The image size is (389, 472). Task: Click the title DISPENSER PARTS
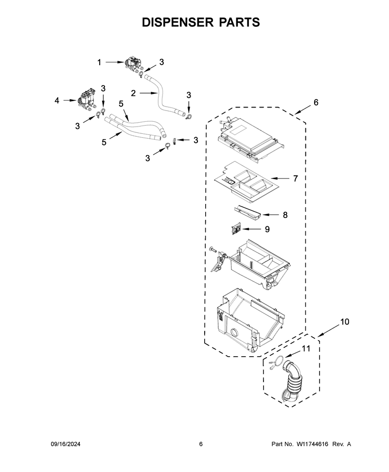[201, 22]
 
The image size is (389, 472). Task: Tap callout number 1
[99, 62]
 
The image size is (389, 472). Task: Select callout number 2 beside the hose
[133, 93]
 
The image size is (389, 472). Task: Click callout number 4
[57, 101]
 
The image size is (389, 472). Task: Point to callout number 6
[316, 102]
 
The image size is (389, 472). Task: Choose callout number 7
[295, 179]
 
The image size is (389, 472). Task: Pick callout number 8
[285, 215]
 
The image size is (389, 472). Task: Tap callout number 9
[267, 229]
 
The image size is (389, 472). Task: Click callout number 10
[345, 322]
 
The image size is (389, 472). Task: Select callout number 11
[306, 348]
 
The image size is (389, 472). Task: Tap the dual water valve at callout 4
[86, 99]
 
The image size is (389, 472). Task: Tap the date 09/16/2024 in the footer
[65, 444]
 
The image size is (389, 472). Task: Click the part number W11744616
[312, 444]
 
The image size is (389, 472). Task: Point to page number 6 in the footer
[201, 444]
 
